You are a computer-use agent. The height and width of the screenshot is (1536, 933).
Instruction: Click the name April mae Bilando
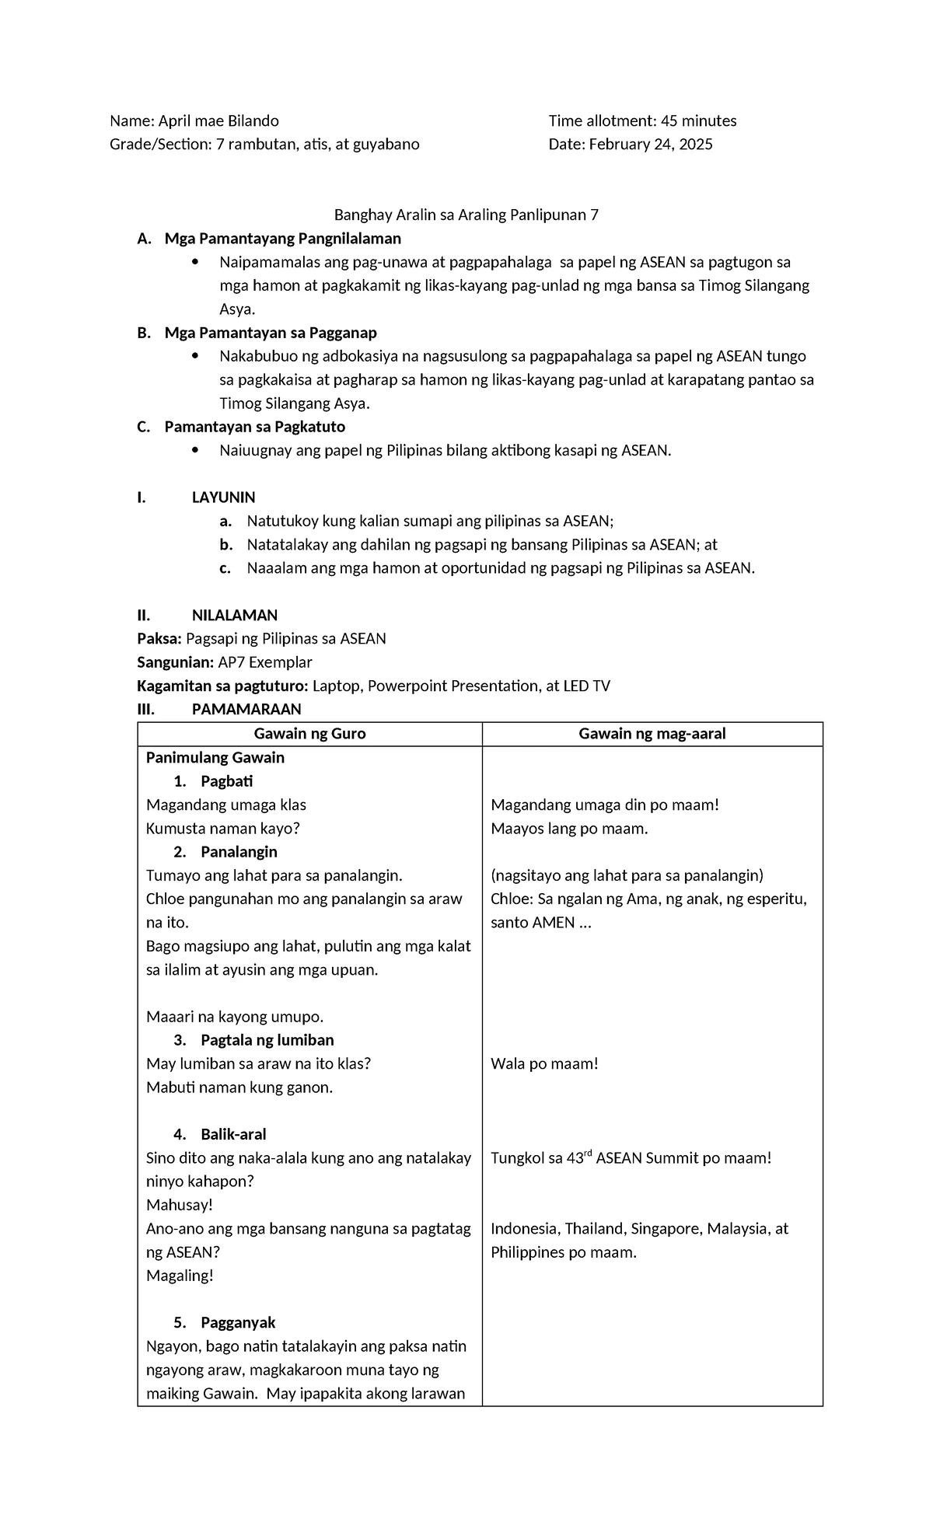218,120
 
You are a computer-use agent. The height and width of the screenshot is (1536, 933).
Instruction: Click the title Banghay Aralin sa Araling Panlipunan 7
466,215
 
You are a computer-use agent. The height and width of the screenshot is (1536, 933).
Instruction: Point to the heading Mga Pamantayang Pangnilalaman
282,239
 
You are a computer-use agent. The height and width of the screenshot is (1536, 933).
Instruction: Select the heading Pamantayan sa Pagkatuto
255,427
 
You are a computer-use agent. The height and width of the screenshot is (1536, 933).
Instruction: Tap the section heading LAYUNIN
224,497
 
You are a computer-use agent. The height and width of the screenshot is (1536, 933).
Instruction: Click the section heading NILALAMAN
235,615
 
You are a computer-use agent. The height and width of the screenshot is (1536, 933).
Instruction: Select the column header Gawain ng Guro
309,734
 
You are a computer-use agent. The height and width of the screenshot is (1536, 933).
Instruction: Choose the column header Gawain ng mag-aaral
652,734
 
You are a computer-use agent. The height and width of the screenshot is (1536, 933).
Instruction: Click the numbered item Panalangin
239,851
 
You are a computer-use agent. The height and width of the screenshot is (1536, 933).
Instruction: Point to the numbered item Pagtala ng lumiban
267,1040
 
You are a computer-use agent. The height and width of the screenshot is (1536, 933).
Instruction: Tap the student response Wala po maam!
544,1063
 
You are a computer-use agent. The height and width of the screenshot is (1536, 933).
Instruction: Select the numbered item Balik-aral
233,1134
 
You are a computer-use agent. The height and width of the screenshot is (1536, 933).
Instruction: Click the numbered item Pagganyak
238,1322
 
